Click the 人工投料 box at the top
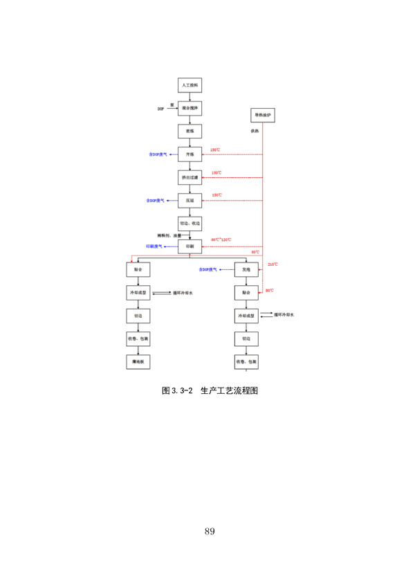190,85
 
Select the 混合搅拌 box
190,109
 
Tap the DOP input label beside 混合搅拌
160,109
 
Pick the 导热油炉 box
264,116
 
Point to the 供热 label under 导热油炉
255,132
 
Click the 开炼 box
190,154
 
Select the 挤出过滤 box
190,177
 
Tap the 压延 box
190,200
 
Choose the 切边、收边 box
190,224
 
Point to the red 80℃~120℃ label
221,240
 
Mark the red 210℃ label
272,264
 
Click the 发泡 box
246,269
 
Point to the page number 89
210,531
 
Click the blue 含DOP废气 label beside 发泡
207,269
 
